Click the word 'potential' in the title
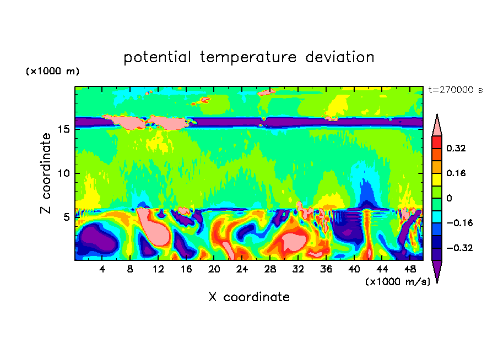click(157, 57)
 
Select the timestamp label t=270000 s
click(455, 90)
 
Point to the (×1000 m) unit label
click(52, 72)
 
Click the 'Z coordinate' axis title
click(46, 173)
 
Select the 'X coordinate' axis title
click(249, 297)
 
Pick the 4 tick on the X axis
click(102, 269)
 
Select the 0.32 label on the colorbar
click(457, 148)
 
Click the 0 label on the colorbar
click(450, 198)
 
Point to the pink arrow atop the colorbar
click(437, 126)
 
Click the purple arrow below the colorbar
click(437, 271)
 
